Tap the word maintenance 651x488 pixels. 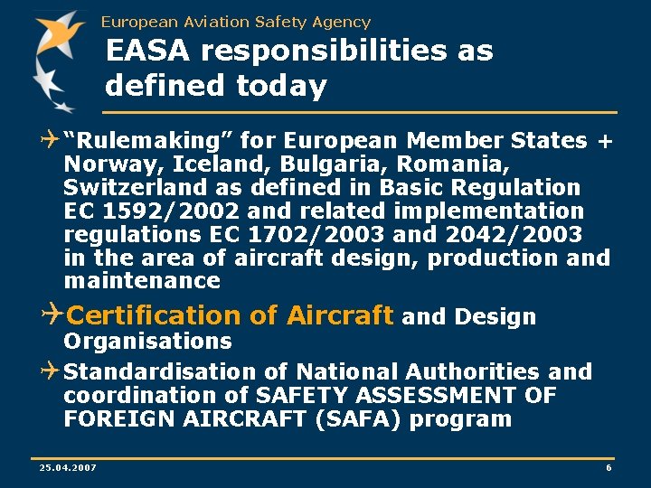tap(142, 281)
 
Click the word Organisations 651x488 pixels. tap(147, 342)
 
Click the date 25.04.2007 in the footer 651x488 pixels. tap(68, 467)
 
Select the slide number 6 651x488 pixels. tap(609, 467)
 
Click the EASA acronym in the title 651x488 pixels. tap(148, 52)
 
